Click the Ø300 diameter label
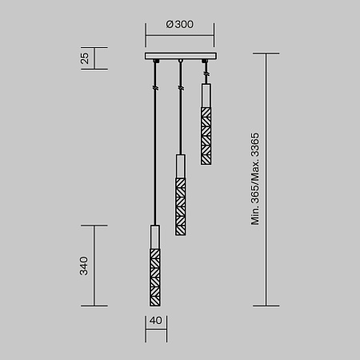tap(180, 24)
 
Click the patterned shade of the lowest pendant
tap(154, 277)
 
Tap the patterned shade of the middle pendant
tap(181, 203)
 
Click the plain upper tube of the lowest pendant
tap(154, 238)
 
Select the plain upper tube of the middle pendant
tap(181, 168)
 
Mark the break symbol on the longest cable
tap(154, 86)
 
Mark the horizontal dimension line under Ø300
tap(180, 35)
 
